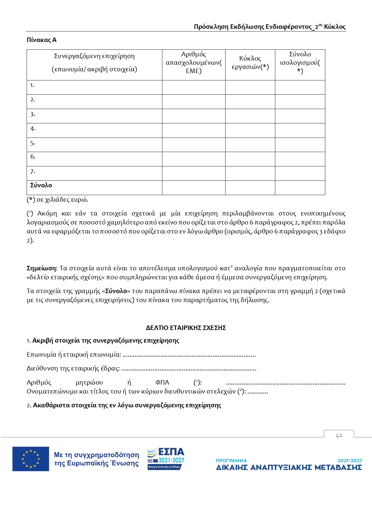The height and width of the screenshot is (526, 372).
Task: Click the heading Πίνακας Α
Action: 41,40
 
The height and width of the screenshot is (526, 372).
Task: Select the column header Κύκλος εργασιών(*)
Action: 250,63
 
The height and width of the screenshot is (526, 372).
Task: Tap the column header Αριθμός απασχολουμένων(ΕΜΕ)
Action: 193,63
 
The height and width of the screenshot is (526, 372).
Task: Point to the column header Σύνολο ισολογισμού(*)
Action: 300,63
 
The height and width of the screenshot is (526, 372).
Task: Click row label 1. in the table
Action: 32,85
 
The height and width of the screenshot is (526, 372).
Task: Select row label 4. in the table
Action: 33,129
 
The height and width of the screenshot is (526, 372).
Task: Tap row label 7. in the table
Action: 33,172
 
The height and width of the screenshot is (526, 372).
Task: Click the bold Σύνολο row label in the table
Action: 41,185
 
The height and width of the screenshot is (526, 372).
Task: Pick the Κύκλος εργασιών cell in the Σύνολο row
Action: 250,188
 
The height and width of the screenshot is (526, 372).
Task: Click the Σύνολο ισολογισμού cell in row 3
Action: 300,116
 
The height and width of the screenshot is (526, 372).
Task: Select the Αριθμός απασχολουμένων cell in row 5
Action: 193,145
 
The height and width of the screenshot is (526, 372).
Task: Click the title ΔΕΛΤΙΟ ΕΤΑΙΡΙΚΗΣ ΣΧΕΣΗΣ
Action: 186,328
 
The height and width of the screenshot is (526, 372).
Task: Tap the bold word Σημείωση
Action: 41,268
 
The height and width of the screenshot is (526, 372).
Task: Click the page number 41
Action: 339,435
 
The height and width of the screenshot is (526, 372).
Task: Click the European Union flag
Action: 31,459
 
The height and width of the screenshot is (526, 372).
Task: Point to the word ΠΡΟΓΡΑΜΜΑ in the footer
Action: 231,460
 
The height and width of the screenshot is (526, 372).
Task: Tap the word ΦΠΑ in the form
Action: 162,382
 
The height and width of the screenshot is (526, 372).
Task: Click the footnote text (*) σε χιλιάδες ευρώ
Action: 58,200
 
